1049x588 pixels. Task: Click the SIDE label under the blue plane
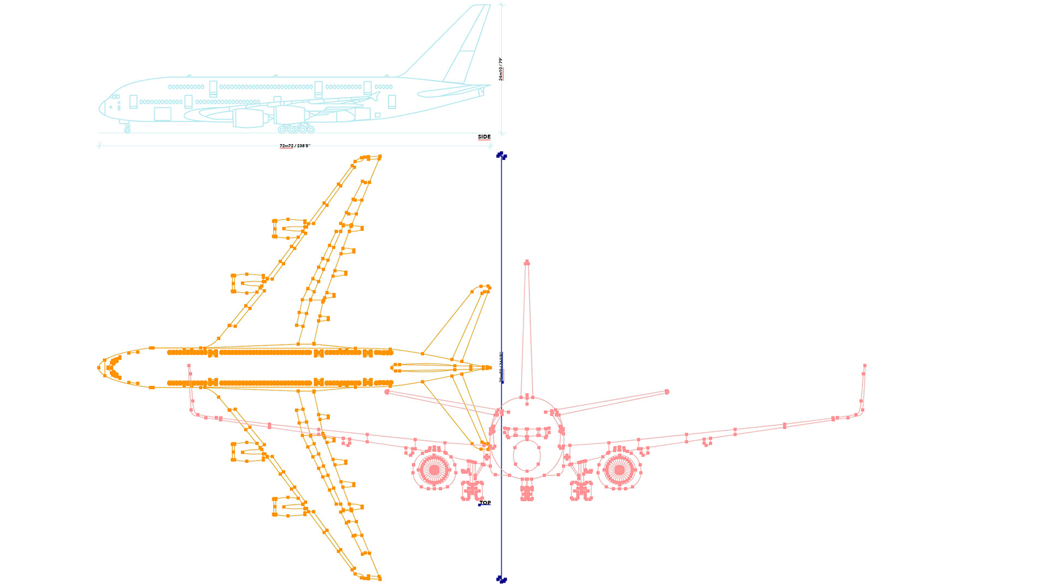pos(484,137)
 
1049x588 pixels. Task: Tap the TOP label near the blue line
pos(485,503)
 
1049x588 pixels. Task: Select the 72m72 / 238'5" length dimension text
pos(294,146)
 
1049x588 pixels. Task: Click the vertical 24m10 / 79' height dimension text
pos(501,69)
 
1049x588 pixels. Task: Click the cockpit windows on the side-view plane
pos(115,97)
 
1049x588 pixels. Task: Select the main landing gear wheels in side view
pos(296,129)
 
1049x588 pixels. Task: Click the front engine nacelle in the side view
pos(249,118)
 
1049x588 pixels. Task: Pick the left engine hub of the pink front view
pos(434,470)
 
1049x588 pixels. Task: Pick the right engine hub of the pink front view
pos(619,470)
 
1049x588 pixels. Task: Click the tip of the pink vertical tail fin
pos(527,263)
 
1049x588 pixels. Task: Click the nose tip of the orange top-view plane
pos(99,368)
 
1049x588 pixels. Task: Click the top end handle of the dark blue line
pos(501,156)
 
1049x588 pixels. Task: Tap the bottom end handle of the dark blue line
pos(501,579)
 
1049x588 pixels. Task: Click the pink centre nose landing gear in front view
pos(527,490)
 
